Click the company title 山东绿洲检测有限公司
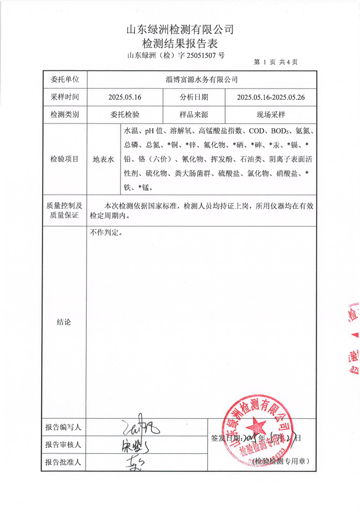coord(180,30)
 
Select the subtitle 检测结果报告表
coord(180,44)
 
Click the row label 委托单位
coord(64,79)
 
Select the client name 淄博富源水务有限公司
coord(202,79)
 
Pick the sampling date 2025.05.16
coord(125,97)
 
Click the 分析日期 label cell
coord(194,97)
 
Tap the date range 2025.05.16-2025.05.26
coord(271,97)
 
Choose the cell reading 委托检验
coord(125,114)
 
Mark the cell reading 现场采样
coord(271,114)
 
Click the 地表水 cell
coord(103,159)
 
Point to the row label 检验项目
coord(64,159)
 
